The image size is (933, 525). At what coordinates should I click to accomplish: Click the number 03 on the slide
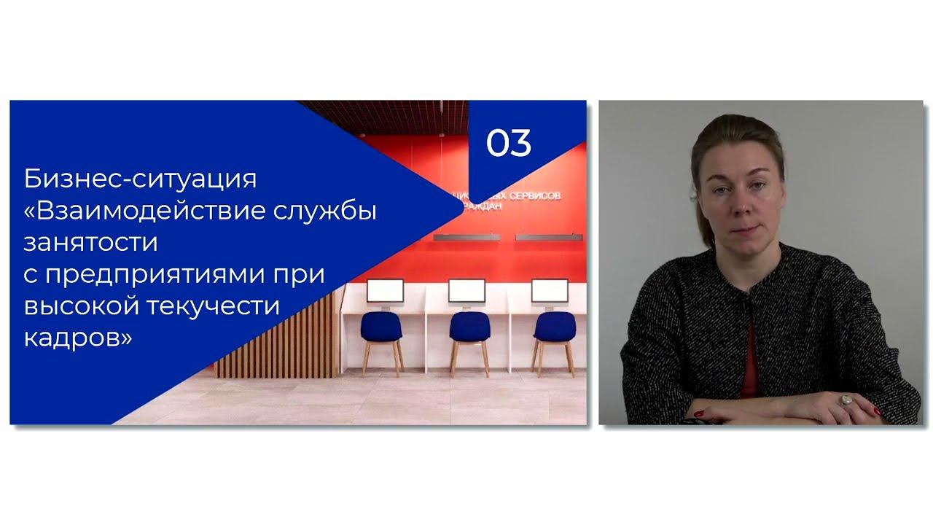click(509, 143)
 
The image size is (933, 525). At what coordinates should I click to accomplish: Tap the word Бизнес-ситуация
click(140, 179)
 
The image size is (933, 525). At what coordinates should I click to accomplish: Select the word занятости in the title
click(90, 242)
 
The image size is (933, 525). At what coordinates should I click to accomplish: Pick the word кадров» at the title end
click(78, 337)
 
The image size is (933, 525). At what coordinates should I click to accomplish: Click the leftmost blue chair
click(381, 332)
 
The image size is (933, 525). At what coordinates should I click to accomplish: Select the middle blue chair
click(469, 332)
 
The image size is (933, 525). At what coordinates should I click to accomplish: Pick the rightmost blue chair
click(555, 332)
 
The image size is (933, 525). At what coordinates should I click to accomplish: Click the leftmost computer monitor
click(385, 290)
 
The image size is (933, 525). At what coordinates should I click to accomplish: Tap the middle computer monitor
click(466, 290)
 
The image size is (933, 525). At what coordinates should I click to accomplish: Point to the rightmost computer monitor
click(550, 290)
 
